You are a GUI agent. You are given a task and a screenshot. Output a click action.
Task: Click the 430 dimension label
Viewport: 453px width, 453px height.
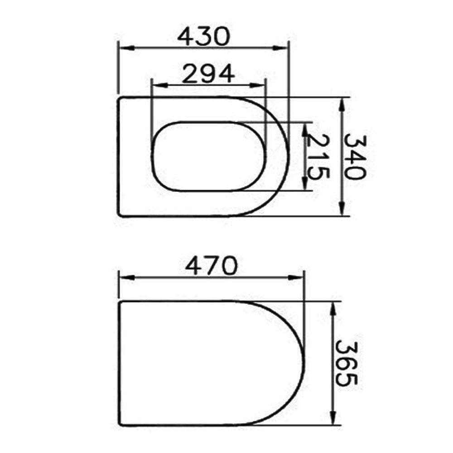tap(204, 36)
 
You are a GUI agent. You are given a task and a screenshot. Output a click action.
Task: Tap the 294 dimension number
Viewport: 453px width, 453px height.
tap(208, 73)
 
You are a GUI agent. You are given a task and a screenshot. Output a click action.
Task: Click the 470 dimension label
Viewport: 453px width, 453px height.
tap(211, 265)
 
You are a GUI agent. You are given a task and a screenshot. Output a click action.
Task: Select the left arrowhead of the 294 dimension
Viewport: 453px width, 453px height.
tap(160, 85)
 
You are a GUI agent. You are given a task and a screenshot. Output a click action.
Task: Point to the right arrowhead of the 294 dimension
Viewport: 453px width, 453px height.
tap(258, 85)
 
